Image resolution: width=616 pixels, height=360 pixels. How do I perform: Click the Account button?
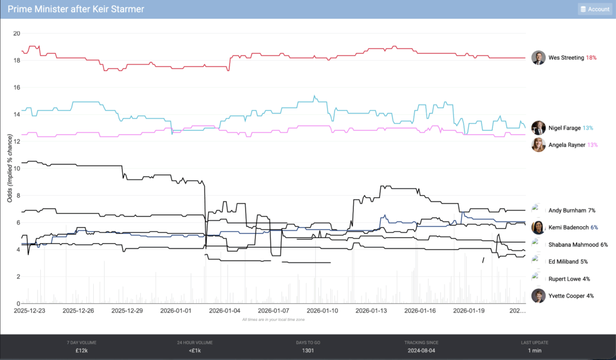[594, 9]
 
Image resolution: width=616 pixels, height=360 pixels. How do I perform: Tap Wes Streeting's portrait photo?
[538, 58]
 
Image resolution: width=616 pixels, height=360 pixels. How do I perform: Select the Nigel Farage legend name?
[565, 128]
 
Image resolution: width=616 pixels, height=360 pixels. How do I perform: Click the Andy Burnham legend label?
[567, 211]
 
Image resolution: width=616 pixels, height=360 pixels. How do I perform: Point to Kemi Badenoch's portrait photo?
[538, 228]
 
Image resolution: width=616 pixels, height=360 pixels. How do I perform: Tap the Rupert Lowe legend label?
[565, 279]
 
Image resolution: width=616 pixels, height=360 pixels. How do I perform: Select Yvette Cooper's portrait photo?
[538, 296]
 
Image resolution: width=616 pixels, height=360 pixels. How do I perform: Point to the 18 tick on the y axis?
[16, 60]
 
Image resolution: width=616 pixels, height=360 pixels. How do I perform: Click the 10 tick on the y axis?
[16, 169]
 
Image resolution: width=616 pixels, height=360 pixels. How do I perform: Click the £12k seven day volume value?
[81, 350]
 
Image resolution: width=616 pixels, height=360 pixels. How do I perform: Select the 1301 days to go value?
[307, 350]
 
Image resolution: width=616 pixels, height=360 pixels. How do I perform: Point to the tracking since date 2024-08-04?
[420, 350]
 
